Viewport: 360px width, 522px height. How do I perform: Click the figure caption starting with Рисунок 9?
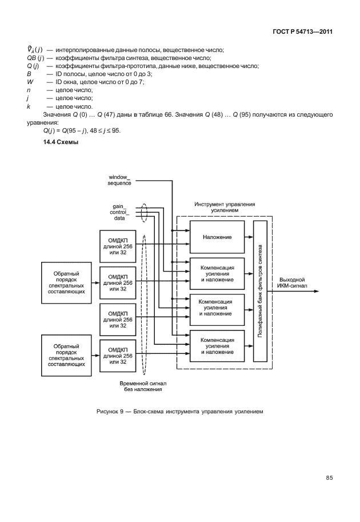click(x=179, y=411)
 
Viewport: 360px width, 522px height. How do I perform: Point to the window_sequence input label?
click(x=120, y=180)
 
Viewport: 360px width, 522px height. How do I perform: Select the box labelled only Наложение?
click(x=216, y=237)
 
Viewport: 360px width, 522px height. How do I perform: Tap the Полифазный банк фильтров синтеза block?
click(x=260, y=291)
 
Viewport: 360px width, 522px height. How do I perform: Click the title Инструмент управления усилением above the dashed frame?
click(x=225, y=207)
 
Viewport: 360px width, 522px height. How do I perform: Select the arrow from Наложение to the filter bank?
click(x=247, y=237)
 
